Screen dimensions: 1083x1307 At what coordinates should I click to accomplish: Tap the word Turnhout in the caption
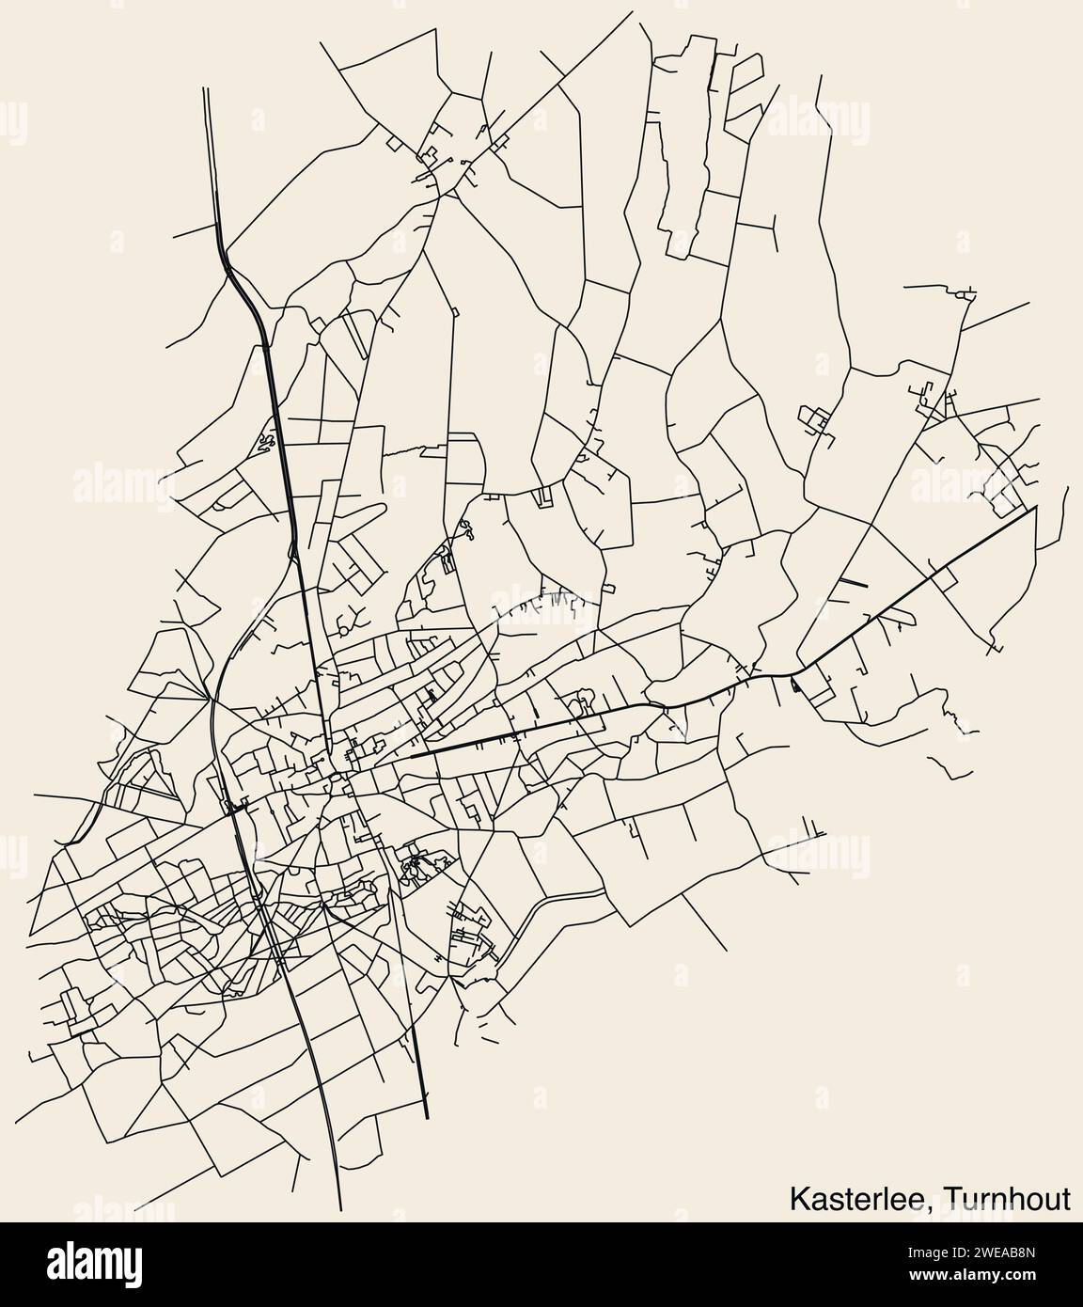point(1008,1199)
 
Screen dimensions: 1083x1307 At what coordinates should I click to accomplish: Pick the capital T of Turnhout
point(953,1199)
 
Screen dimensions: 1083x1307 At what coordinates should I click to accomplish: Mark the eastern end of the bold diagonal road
point(1036,508)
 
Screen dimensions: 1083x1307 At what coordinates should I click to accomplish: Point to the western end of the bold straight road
point(411,757)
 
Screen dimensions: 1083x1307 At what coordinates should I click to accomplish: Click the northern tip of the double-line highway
point(205,89)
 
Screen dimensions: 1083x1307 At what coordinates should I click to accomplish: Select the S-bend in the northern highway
point(243,282)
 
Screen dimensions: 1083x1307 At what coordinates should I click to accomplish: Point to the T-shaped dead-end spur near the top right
point(774,227)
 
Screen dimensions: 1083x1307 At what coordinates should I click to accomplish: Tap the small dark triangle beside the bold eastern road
point(795,685)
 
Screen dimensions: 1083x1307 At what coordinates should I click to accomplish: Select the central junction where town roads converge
point(334,776)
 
